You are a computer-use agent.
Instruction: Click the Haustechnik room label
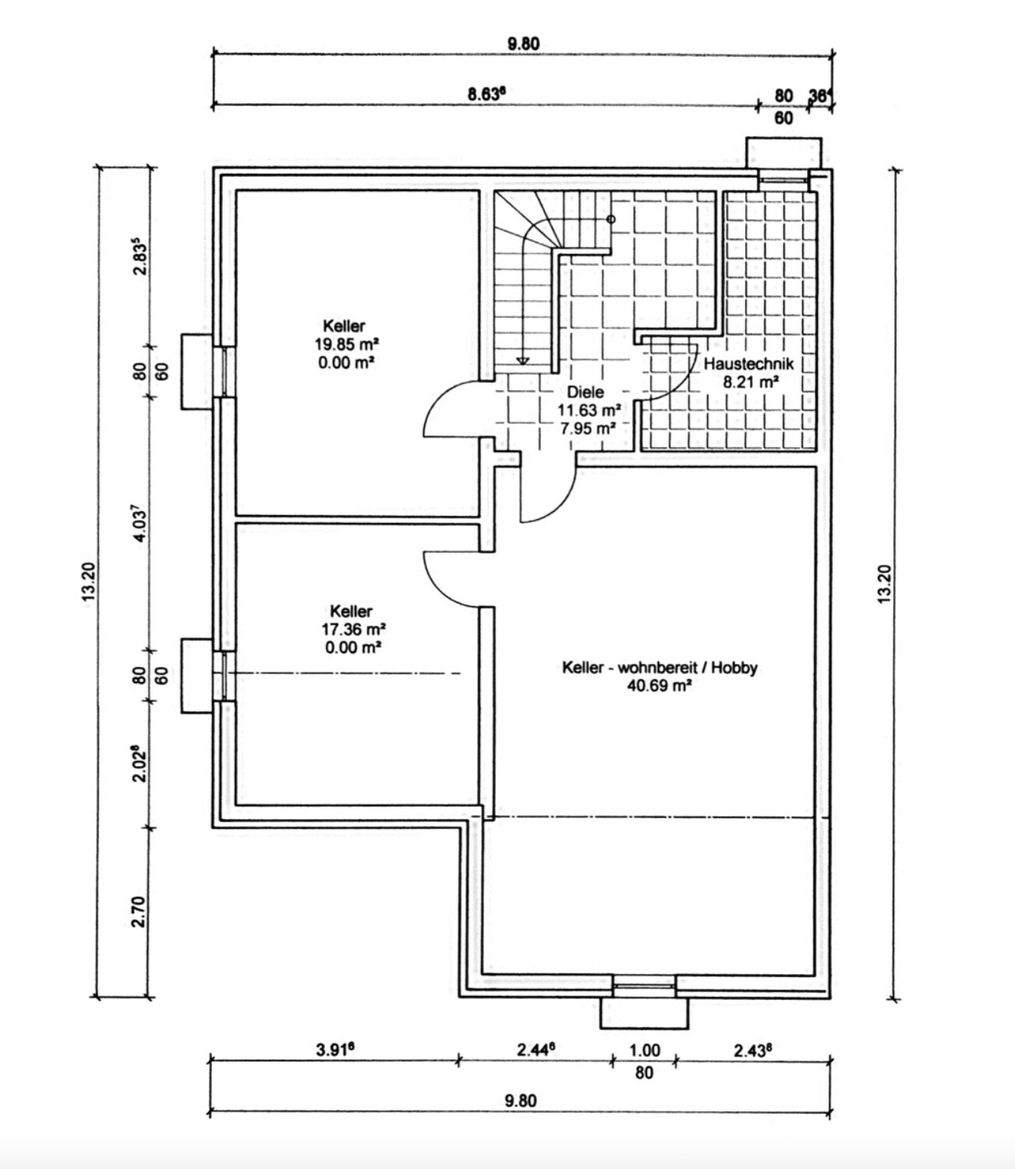coord(748,364)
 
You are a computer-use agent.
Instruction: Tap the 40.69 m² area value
coord(660,686)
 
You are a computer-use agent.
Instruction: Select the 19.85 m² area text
coord(344,344)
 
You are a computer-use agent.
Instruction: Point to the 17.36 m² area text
coord(351,629)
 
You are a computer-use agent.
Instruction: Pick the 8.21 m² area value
coord(748,382)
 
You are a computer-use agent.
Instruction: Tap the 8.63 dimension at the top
coord(486,94)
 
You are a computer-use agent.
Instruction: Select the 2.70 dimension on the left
coord(139,912)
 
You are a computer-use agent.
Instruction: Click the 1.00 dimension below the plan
coord(644,1051)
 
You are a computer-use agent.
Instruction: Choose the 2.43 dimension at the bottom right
coord(753,1050)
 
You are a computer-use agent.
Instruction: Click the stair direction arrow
coord(523,359)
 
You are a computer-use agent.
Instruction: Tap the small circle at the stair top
coord(611,220)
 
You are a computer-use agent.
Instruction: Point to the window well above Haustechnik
coord(783,151)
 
